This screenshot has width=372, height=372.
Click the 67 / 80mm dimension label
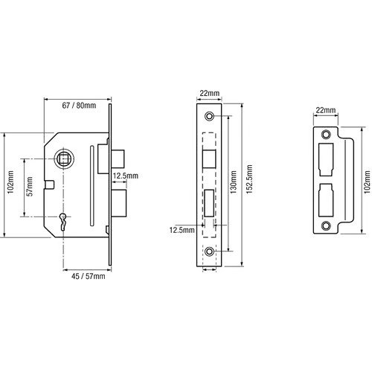coord(79,106)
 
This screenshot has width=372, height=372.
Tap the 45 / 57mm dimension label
coord(88,276)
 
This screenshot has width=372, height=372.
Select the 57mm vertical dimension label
coord(30,186)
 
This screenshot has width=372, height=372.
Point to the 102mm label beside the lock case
coord(10,182)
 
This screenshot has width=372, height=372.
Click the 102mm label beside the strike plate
coord(368,181)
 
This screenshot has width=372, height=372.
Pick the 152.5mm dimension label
coord(249,179)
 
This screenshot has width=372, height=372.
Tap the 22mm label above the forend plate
coord(210,93)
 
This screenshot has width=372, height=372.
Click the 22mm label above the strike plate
coord(326,110)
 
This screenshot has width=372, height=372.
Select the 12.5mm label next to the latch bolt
coord(126,176)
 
